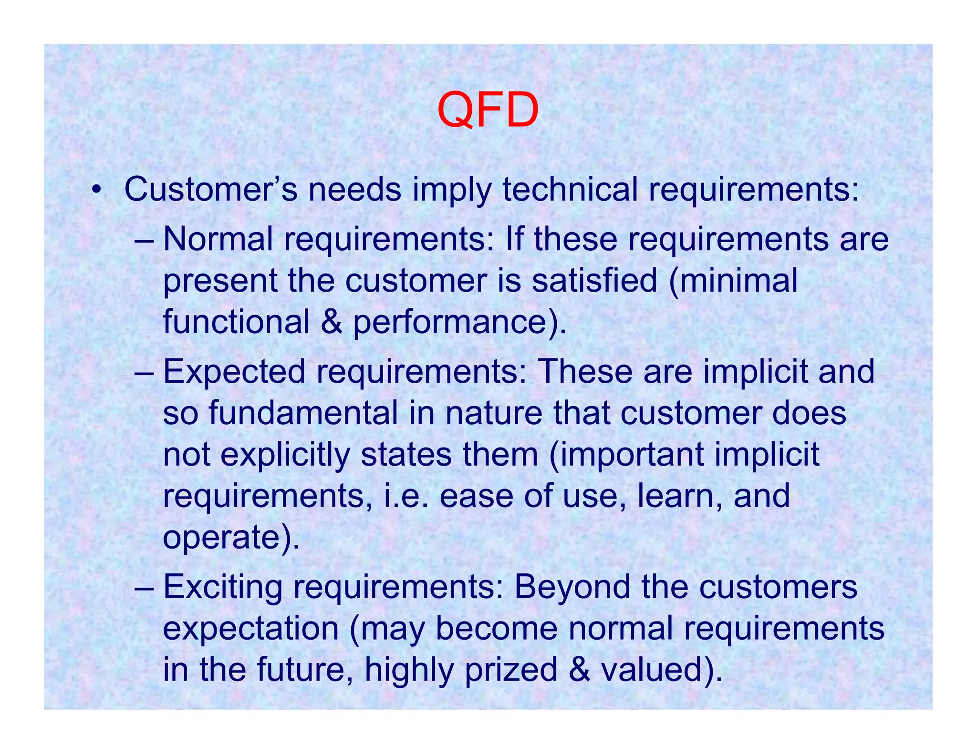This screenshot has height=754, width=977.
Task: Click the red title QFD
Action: click(x=488, y=111)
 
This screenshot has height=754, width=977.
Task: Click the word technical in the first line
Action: click(x=570, y=190)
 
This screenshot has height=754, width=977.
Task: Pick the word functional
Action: click(x=236, y=322)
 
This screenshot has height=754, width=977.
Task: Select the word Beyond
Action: click(x=572, y=588)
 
